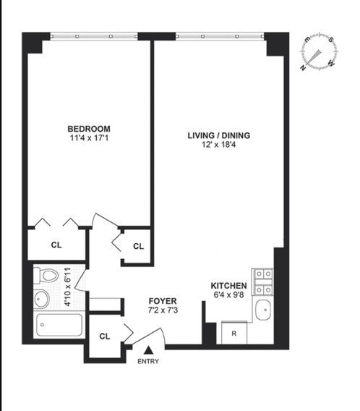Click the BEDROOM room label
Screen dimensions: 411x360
[x=90, y=129]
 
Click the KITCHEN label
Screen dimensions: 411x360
[x=229, y=286]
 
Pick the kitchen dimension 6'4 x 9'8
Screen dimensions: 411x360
[x=229, y=295]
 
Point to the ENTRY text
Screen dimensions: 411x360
[x=148, y=362]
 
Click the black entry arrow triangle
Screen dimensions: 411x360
[x=148, y=351]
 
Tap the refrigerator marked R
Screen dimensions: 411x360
[x=234, y=334]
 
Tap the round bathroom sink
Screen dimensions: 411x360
[x=43, y=298]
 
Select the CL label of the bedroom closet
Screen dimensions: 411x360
[x=56, y=245]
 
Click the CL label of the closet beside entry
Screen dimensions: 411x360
[x=104, y=336]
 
